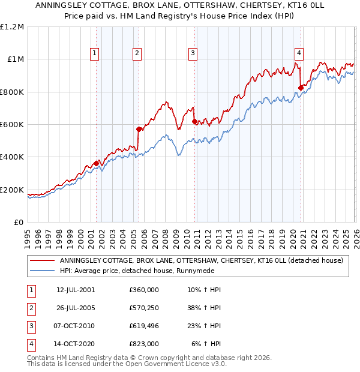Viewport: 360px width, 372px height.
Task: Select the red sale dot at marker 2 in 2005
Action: tap(139, 129)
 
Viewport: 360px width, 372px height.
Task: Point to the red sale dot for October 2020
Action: tap(301, 88)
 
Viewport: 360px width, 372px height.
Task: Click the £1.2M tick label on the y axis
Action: tap(12, 27)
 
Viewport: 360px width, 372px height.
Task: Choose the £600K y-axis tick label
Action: tap(12, 125)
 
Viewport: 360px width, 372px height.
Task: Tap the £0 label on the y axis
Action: tap(19, 223)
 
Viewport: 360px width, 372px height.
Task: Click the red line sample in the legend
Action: tap(42, 260)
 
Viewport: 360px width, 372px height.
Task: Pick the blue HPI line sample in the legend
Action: tap(42, 271)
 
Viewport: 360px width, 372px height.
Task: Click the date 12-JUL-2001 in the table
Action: tap(75, 290)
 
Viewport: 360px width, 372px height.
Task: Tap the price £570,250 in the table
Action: tap(144, 308)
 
